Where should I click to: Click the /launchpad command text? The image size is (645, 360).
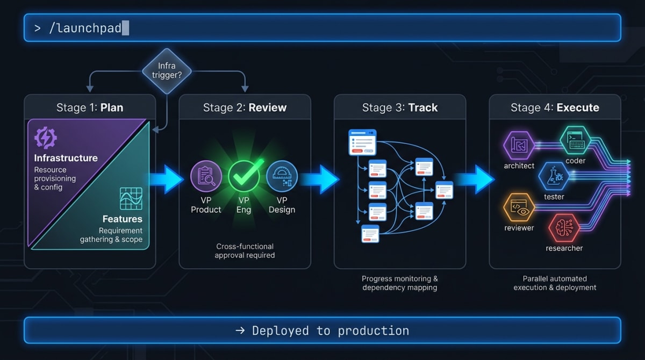click(85, 28)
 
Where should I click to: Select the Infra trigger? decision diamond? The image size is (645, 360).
click(167, 70)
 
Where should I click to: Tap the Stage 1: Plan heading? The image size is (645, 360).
click(90, 107)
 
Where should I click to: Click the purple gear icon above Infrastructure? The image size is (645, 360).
click(45, 138)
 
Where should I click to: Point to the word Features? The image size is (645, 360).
click(122, 219)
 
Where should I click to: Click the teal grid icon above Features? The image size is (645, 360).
click(131, 199)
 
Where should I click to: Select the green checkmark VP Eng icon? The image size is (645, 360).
click(244, 176)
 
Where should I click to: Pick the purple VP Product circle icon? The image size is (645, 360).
click(206, 176)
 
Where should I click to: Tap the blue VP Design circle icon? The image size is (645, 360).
click(282, 176)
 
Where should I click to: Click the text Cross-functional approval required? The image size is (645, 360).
click(245, 251)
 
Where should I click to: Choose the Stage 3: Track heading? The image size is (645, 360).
click(400, 107)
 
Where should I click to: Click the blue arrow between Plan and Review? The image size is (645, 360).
click(166, 179)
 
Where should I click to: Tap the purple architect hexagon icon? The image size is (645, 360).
click(519, 145)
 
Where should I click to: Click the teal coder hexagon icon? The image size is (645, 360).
click(575, 140)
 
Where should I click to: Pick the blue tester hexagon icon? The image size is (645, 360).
click(554, 176)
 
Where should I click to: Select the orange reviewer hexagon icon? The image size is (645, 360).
click(519, 208)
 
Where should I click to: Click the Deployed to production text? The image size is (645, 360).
click(322, 330)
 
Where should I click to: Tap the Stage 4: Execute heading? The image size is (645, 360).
click(555, 107)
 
